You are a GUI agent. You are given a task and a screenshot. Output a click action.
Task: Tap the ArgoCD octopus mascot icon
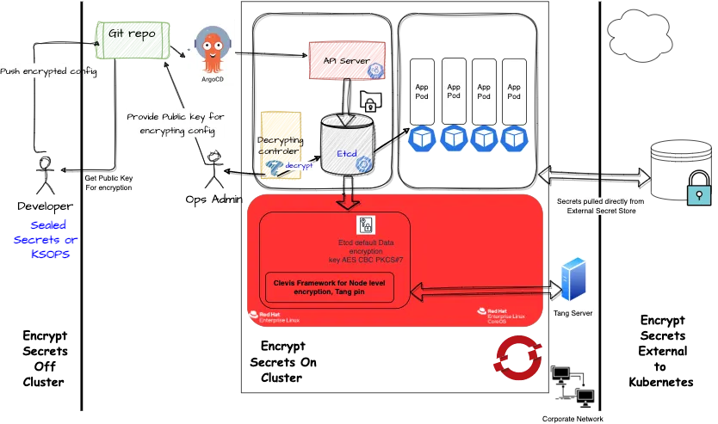(x=212, y=52)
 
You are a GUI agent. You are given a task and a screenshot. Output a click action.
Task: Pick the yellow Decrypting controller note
(x=280, y=142)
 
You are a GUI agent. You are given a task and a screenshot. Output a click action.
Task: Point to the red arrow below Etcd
(x=348, y=201)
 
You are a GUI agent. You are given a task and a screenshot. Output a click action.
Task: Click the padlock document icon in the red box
(x=366, y=225)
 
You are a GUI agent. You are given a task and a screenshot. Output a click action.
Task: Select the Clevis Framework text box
(x=330, y=287)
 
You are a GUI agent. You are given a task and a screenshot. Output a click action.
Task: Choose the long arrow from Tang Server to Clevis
(x=482, y=292)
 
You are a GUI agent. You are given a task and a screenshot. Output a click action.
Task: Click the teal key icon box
(x=698, y=195)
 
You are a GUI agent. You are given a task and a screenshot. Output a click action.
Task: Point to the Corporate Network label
(x=573, y=418)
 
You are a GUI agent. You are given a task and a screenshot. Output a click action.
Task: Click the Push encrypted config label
(x=50, y=72)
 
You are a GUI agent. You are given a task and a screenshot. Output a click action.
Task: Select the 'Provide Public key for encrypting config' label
(x=176, y=124)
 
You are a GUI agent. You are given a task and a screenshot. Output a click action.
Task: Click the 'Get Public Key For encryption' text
(x=108, y=182)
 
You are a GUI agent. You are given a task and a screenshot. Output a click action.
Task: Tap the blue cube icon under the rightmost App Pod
(x=513, y=138)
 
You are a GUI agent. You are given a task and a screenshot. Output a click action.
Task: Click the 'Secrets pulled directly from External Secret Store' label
(x=600, y=205)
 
